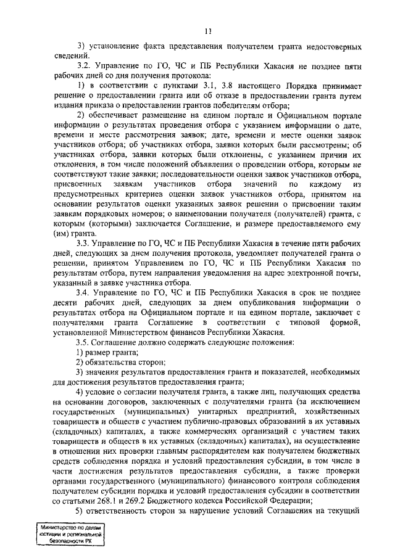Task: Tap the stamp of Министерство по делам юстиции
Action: tap(70, 533)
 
